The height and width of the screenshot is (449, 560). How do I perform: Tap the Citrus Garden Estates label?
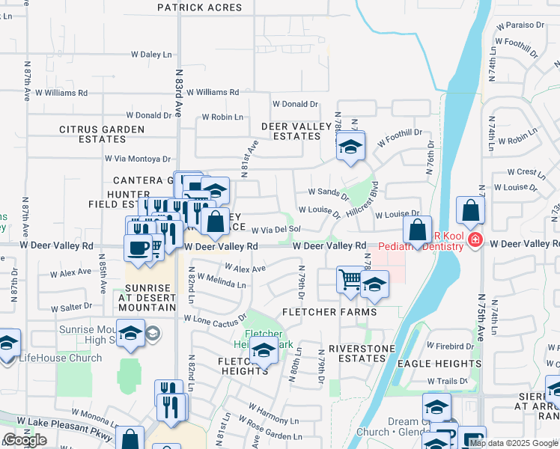point(102,134)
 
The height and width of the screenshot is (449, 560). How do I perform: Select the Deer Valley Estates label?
point(296,131)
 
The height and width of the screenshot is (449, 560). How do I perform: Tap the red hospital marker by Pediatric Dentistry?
point(475,240)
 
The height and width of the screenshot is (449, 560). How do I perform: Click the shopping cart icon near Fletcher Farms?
point(349,280)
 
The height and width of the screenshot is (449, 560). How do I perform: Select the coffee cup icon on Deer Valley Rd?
point(138,246)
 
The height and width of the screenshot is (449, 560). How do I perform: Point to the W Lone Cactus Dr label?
point(215,318)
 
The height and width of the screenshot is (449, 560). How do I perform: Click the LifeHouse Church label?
point(60,358)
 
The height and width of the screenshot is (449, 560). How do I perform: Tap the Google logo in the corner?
point(25,440)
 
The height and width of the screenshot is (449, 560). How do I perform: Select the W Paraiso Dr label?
point(515,25)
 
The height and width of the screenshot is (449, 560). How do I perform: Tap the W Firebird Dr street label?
point(451,346)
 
